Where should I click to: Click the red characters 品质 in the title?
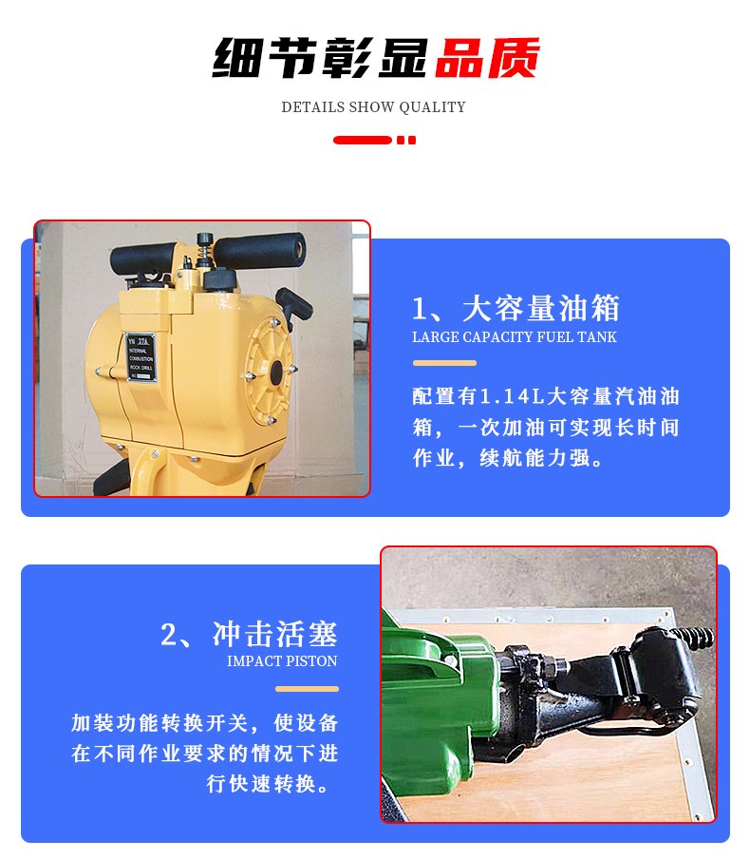487,58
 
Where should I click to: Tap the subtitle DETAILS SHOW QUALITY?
374,107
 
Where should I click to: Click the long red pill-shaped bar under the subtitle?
363,141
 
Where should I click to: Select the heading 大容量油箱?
541,308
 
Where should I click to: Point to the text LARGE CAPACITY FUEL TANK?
515,336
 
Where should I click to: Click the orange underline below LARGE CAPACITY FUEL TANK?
444,363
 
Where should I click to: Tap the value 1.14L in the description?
512,396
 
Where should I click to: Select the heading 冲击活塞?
275,635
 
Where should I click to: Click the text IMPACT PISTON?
282,660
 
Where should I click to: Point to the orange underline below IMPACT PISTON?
307,689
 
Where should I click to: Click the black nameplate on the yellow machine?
141,357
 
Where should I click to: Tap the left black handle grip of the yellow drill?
143,258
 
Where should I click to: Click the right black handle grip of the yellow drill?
259,251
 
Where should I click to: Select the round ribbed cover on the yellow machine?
270,372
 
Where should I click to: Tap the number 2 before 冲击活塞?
169,635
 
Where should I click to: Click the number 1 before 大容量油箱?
420,309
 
